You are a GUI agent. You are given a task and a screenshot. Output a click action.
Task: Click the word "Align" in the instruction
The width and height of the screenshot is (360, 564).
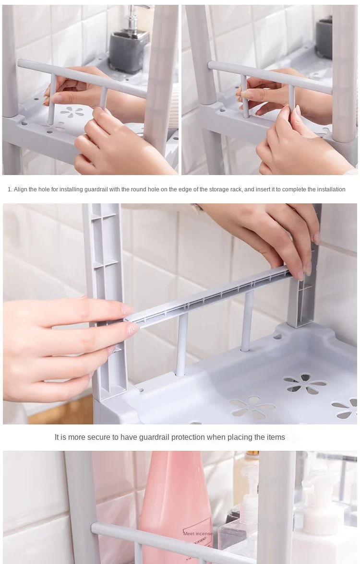pyautogui.click(x=20, y=189)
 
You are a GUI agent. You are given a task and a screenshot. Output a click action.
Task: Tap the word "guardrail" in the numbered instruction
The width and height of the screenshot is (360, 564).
pyautogui.click(x=96, y=189)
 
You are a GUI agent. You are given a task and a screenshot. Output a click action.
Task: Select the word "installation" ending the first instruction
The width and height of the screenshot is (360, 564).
pyautogui.click(x=330, y=189)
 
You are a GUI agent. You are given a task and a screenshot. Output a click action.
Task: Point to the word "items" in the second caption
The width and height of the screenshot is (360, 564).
pyautogui.click(x=276, y=437)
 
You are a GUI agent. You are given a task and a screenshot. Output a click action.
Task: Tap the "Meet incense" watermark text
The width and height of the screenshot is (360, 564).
pyautogui.click(x=198, y=533)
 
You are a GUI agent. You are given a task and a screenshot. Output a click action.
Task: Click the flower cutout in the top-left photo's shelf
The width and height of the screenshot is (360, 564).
pyautogui.click(x=72, y=112)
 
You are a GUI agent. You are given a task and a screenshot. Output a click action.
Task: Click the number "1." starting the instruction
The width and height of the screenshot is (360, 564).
pyautogui.click(x=10, y=189)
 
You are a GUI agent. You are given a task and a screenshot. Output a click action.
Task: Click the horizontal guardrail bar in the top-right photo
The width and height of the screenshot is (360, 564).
pyautogui.click(x=270, y=77)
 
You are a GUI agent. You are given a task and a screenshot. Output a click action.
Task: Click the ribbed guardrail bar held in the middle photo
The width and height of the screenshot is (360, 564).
pyautogui.click(x=209, y=295)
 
